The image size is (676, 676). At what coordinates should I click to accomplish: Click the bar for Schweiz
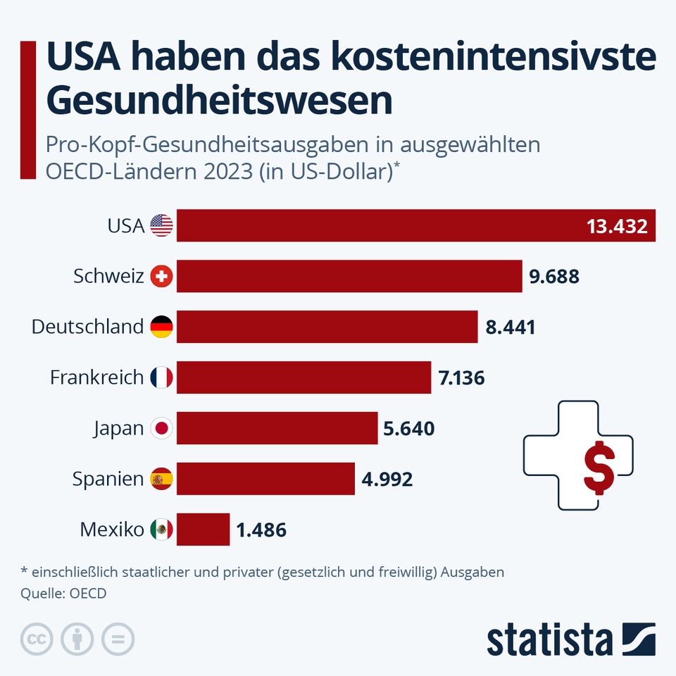click(x=349, y=276)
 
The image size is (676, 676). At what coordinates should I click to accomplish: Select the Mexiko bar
click(x=203, y=530)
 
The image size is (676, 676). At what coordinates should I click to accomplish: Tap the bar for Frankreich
click(x=303, y=377)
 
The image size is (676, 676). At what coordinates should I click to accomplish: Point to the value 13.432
click(x=617, y=226)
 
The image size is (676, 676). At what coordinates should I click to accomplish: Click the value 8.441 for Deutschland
click(x=511, y=327)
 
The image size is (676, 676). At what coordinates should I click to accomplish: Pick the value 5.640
click(x=409, y=429)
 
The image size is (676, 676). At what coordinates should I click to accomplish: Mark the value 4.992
click(x=387, y=480)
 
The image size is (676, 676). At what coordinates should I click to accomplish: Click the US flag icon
click(x=161, y=226)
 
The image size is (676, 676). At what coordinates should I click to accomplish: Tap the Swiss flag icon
click(x=161, y=277)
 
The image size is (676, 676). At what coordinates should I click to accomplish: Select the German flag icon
click(x=161, y=327)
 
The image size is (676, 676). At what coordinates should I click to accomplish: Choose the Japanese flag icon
click(x=161, y=428)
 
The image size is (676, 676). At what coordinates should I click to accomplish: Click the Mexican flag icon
click(x=161, y=530)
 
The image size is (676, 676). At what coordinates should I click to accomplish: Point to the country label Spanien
click(x=108, y=480)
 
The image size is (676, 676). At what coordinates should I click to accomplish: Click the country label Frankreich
click(x=96, y=377)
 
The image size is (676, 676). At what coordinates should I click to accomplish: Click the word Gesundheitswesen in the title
click(x=219, y=100)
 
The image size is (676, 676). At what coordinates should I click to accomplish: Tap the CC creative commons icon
click(x=37, y=639)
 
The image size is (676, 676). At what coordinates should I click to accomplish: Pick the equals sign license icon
click(x=118, y=639)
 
